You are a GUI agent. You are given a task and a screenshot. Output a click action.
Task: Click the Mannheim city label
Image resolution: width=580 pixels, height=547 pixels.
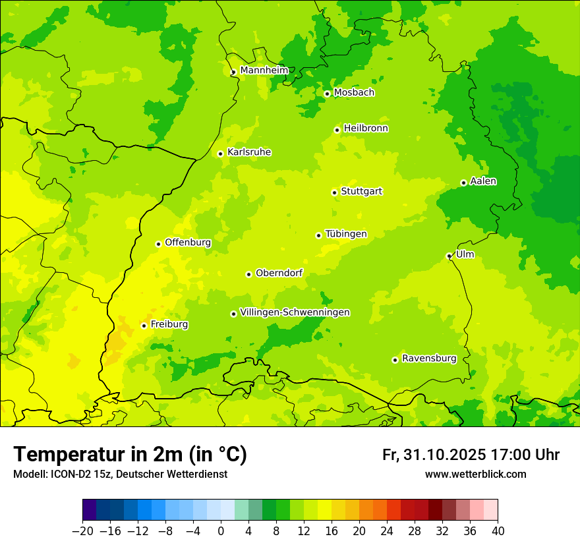coord(264,71)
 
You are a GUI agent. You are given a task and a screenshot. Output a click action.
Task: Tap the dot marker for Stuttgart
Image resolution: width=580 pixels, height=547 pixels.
coord(334,192)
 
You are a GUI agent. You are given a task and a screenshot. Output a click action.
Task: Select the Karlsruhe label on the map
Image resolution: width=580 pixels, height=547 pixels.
coord(248,152)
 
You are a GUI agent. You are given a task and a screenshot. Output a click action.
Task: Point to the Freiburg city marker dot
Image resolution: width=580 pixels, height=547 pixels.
coord(144,326)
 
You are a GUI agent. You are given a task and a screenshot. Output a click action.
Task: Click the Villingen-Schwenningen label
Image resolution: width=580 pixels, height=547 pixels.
coord(295,312)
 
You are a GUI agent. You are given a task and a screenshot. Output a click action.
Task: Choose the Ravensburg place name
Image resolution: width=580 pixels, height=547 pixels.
coord(428,359)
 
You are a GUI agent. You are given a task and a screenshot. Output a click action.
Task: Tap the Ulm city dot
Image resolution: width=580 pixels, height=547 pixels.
coord(449,256)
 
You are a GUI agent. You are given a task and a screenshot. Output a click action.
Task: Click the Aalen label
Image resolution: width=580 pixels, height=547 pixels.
coord(483,181)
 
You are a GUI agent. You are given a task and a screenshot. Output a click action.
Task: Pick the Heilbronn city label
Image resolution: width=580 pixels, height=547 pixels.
coord(366,129)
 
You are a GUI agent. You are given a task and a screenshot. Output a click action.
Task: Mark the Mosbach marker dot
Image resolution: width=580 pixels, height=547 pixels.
coord(327,94)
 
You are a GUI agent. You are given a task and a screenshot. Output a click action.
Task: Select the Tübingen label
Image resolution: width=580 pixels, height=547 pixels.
coord(346,234)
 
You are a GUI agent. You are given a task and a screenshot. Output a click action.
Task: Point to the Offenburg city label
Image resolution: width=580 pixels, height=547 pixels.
coord(188,243)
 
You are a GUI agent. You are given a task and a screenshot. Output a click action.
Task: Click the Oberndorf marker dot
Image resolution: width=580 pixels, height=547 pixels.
coord(248,274)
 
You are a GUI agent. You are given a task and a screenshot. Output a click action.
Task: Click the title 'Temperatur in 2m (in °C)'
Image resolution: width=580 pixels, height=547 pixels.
coord(130,454)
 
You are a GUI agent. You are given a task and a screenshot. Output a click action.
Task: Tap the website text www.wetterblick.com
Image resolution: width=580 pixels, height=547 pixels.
coord(475,474)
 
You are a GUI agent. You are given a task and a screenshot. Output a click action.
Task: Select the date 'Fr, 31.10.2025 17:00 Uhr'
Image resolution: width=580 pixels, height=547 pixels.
coord(471,455)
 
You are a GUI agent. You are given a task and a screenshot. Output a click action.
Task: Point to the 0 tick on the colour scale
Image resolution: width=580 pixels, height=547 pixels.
coord(221,531)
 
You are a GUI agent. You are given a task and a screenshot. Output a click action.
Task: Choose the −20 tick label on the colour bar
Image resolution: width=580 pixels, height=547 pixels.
coord(82,531)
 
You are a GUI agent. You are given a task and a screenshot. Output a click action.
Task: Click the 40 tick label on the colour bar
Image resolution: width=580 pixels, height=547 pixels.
coord(498,531)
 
